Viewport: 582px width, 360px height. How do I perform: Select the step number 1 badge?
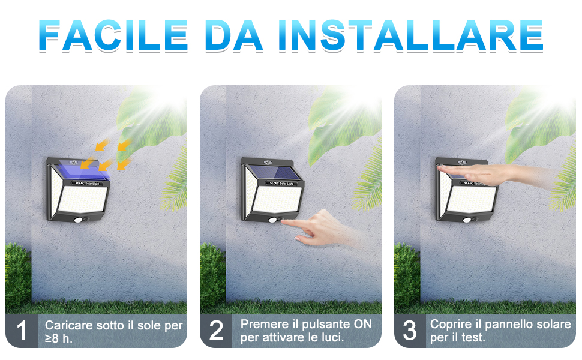coord(22,331)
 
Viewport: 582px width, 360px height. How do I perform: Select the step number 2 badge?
coord(216,331)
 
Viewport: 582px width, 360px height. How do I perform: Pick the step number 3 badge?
coord(410,331)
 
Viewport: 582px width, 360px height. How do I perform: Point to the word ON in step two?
coord(362,324)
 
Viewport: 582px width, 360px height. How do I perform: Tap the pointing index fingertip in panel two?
coord(284,223)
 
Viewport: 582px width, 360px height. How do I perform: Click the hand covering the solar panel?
coord(486,174)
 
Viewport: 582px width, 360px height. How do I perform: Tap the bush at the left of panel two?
coord(211,276)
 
